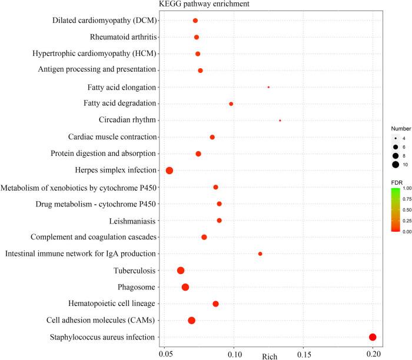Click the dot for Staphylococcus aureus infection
(x=373, y=337)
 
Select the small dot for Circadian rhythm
(x=280, y=121)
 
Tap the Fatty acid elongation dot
(x=268, y=87)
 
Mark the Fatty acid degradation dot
(x=231, y=104)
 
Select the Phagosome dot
(x=185, y=287)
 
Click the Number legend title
(x=401, y=127)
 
